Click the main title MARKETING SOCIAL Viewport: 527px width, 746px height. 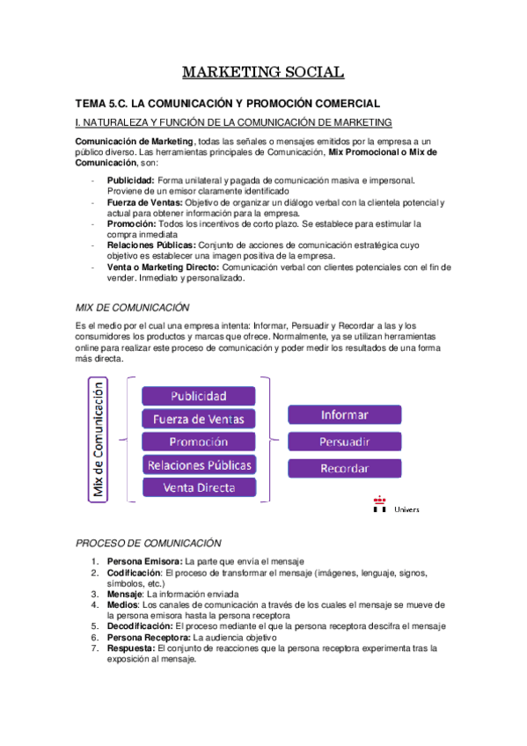[263, 72]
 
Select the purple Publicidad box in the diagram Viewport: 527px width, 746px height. [199, 396]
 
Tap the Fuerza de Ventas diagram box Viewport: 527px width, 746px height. [199, 419]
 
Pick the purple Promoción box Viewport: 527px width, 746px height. [199, 442]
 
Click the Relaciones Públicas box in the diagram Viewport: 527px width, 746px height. [199, 464]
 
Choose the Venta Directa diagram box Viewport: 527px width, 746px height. [199, 486]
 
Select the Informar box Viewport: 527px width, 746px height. [345, 414]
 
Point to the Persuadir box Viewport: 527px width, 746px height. [345, 442]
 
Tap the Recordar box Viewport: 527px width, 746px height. [345, 469]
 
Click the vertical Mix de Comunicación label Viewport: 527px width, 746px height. [99, 440]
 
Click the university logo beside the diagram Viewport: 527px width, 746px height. [380, 503]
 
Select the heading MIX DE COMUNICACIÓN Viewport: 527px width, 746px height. [133, 308]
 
